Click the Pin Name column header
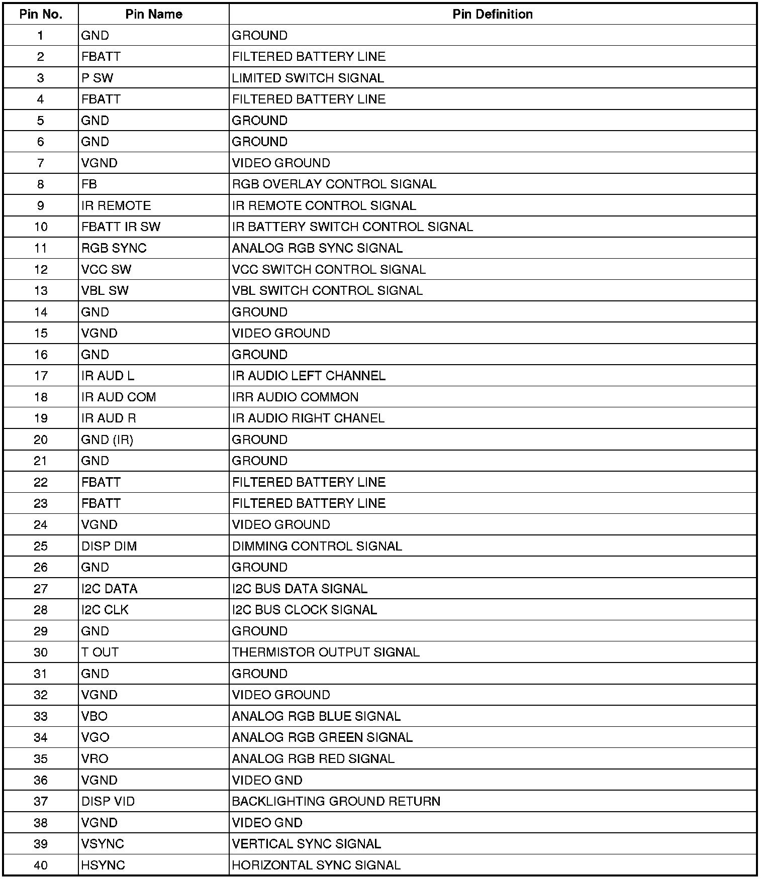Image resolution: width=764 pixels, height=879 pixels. pos(153,14)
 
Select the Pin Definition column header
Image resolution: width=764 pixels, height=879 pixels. pos(492,14)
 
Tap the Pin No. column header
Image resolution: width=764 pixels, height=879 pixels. pos(41,14)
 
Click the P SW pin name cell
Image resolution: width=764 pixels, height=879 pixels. pos(98,78)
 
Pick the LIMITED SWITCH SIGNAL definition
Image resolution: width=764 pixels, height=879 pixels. pos(308,78)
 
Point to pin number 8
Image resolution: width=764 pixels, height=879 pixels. pos(41,184)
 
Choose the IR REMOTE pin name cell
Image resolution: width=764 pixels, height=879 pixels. pos(116,205)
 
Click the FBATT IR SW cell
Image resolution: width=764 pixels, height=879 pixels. pos(121,227)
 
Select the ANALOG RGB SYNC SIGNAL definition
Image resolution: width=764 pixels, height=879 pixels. pos(317,248)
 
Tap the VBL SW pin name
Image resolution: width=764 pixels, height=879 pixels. pos(105,290)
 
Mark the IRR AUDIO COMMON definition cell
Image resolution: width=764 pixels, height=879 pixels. pos(295,397)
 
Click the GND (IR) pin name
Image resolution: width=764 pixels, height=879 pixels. pos(107,440)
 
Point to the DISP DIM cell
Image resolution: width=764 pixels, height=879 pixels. pos(109,546)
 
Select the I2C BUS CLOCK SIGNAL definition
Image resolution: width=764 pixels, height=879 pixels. pos(304,610)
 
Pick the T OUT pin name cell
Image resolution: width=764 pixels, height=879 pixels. pos(100,652)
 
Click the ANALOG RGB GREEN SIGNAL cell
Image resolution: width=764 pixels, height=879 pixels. pos(322,737)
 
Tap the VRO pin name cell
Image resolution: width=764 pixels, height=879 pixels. pos(95,758)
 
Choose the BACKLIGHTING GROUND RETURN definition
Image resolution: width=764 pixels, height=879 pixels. pos(336,801)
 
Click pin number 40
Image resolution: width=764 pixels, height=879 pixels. pos(41,865)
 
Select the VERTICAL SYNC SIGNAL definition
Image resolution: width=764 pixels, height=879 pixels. pos(306,844)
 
